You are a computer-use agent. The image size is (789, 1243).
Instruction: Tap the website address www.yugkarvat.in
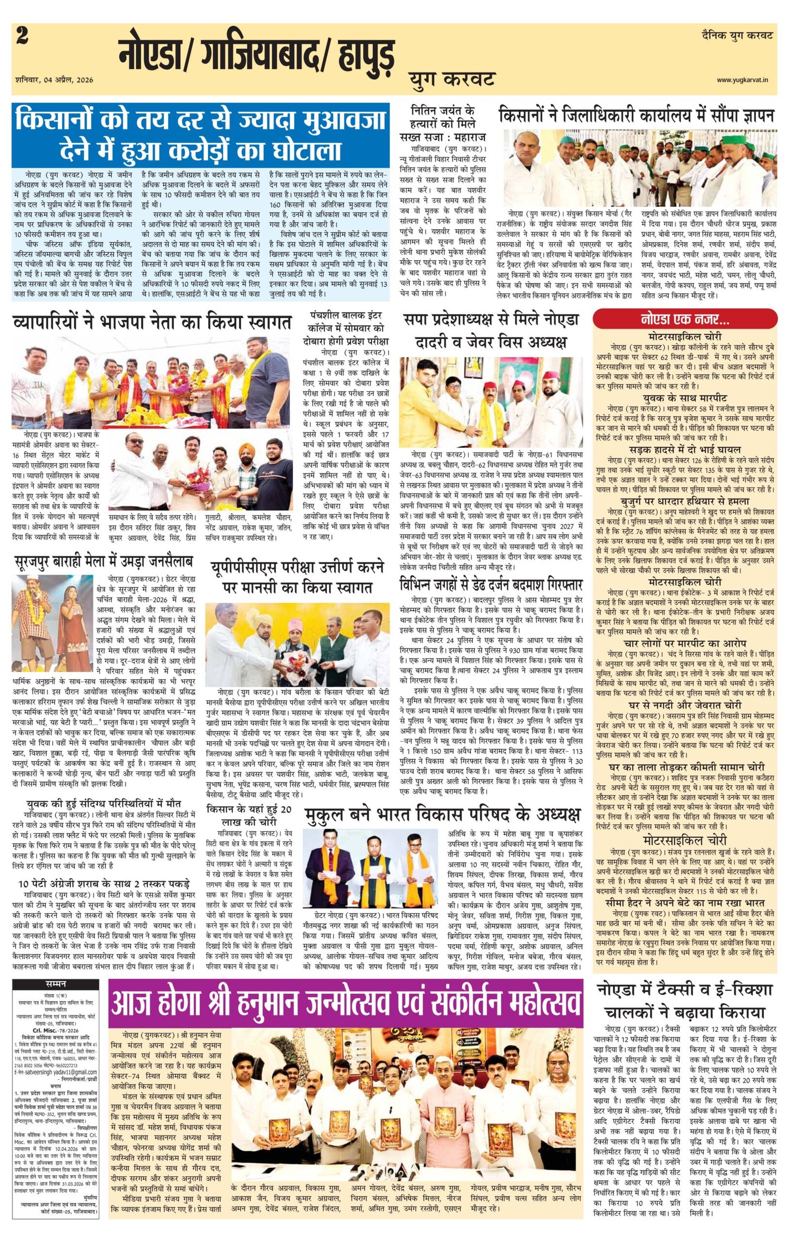(745, 80)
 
